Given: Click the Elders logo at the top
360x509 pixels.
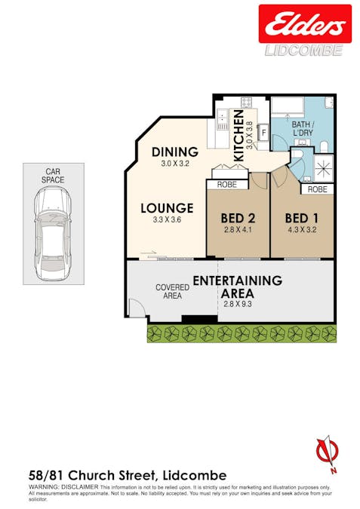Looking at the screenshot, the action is click(x=305, y=23).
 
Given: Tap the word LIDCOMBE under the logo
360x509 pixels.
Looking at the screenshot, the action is click(x=304, y=51).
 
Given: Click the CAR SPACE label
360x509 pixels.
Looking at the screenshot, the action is click(x=53, y=176).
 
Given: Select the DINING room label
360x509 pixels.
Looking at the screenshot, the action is click(x=175, y=152).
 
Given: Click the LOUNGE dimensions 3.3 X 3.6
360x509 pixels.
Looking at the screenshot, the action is click(x=167, y=219).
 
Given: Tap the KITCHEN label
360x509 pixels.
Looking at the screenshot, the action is click(x=238, y=136).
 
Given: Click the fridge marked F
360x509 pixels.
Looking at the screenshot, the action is click(x=264, y=133).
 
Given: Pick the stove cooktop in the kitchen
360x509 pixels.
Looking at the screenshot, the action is click(x=246, y=103).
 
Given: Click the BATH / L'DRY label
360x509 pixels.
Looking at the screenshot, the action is click(x=303, y=128).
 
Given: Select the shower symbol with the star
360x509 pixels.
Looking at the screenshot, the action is click(x=324, y=167).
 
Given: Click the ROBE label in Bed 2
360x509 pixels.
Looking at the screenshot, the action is click(x=227, y=185).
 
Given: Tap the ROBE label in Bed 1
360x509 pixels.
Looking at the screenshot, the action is click(x=318, y=189).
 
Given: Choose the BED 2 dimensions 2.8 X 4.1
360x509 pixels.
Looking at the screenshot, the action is click(x=238, y=230).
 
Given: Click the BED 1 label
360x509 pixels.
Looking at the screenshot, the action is click(x=302, y=218).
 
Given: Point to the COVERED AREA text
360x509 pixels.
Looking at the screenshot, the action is click(x=172, y=292).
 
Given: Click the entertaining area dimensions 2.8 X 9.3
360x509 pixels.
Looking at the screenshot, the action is click(x=238, y=304).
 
